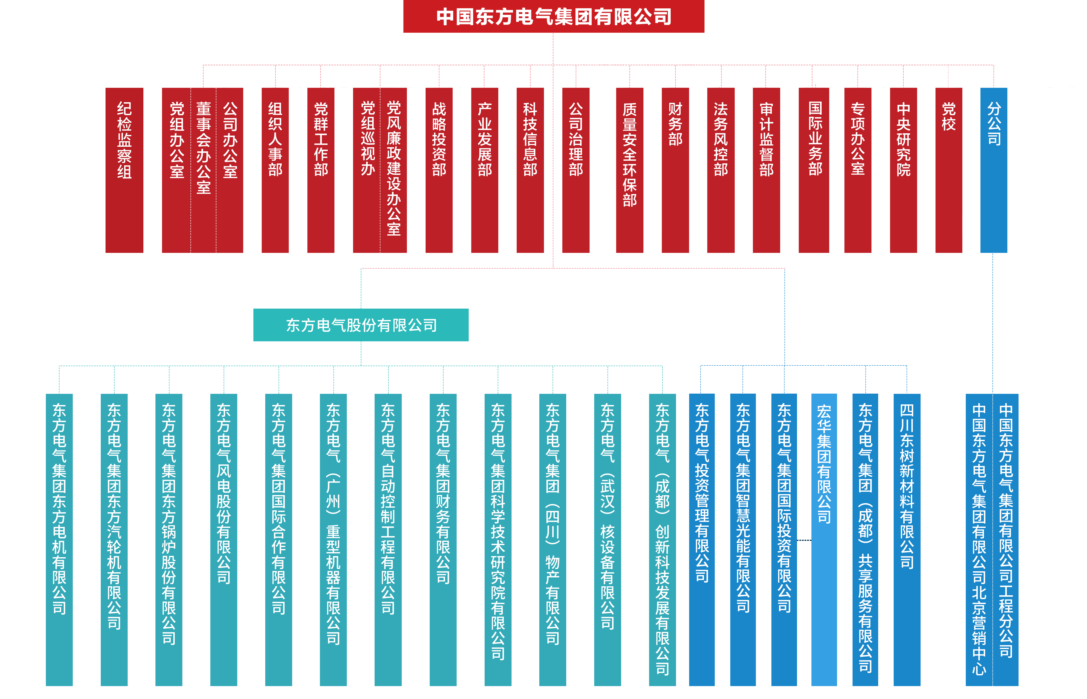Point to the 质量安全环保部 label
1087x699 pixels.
(x=630, y=154)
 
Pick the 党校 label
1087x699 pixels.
(x=949, y=117)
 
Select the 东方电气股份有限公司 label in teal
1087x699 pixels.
(x=361, y=325)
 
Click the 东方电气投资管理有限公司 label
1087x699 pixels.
(x=702, y=492)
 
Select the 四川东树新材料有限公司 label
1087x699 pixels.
(x=907, y=486)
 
